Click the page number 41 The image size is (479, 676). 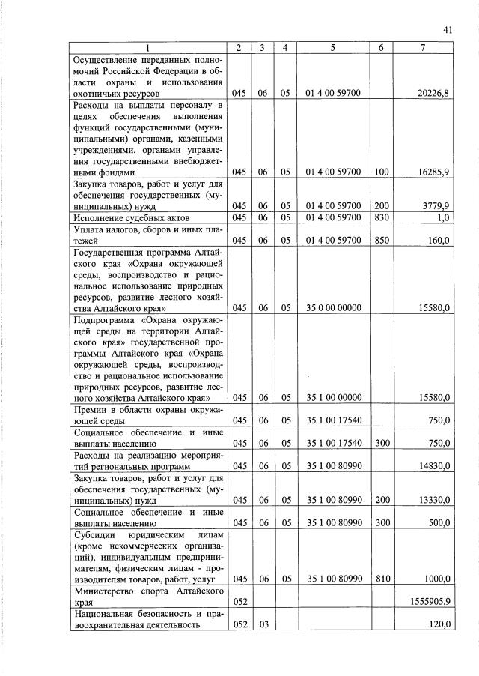[x=448, y=29]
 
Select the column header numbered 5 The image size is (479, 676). [x=333, y=48]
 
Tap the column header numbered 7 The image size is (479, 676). [x=424, y=48]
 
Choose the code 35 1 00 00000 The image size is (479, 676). [x=333, y=398]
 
